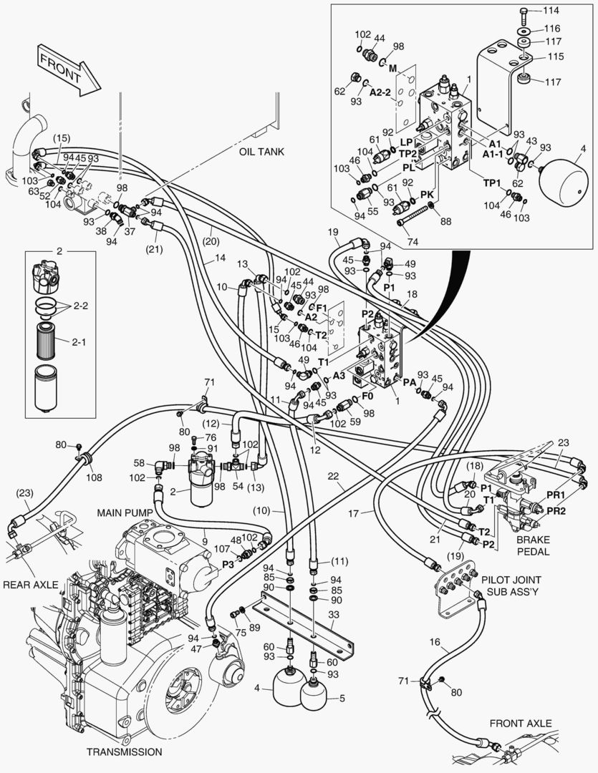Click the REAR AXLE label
29,585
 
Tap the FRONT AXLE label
521,723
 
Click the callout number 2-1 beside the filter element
79,342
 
